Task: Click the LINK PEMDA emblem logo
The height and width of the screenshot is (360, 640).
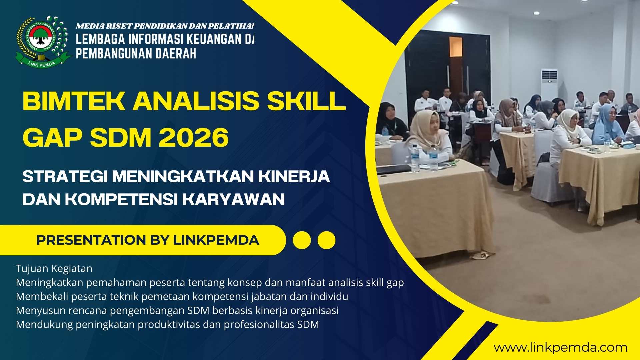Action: coord(43,41)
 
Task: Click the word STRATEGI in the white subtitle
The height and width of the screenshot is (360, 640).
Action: coord(65,177)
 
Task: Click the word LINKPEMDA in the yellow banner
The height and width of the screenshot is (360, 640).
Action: coord(216,240)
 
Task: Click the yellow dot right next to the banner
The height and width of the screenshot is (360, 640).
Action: coord(302,240)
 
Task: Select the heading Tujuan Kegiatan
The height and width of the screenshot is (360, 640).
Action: coord(54,268)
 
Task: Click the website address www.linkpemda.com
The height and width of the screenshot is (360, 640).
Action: coord(560,348)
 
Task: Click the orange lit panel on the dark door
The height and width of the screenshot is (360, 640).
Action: coord(455,47)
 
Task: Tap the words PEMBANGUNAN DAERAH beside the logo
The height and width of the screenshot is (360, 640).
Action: coord(136,54)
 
